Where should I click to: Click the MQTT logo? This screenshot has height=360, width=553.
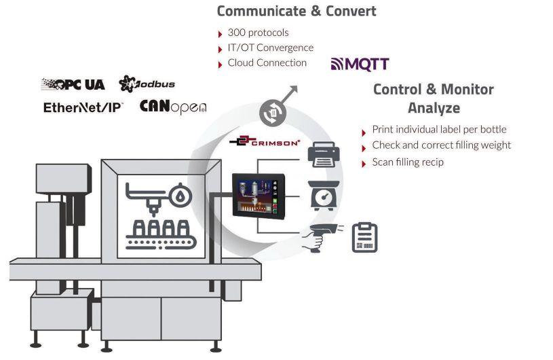[x=360, y=65]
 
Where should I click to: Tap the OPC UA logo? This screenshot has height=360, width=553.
[x=73, y=84]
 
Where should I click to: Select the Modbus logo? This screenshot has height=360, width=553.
[x=147, y=84]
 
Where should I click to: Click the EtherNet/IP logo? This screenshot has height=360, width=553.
[x=83, y=107]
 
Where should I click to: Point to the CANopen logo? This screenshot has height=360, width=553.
[x=173, y=107]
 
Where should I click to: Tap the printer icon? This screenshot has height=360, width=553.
[x=324, y=155]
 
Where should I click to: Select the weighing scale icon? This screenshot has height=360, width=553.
[x=324, y=196]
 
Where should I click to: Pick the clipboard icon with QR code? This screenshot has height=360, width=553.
[x=364, y=238]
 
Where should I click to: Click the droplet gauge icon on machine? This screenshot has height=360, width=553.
[x=180, y=195]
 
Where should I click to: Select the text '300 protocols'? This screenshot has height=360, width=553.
[x=258, y=33]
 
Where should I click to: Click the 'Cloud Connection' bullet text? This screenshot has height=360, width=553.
[x=267, y=62]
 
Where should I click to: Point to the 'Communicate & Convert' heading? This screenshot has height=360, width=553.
[x=297, y=11]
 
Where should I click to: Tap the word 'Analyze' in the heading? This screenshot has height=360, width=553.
[x=434, y=108]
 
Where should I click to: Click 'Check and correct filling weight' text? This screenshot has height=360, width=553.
[x=442, y=145]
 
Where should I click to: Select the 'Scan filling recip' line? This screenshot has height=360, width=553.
[x=408, y=162]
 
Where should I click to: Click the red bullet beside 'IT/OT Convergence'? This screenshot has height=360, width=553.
[x=221, y=49]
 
